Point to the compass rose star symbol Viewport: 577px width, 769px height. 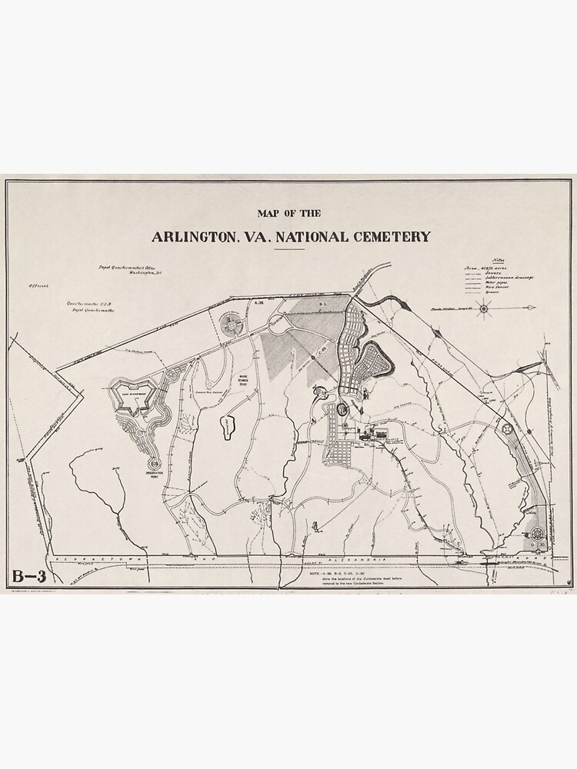click(x=484, y=309)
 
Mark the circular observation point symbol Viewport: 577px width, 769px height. click(x=154, y=464)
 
